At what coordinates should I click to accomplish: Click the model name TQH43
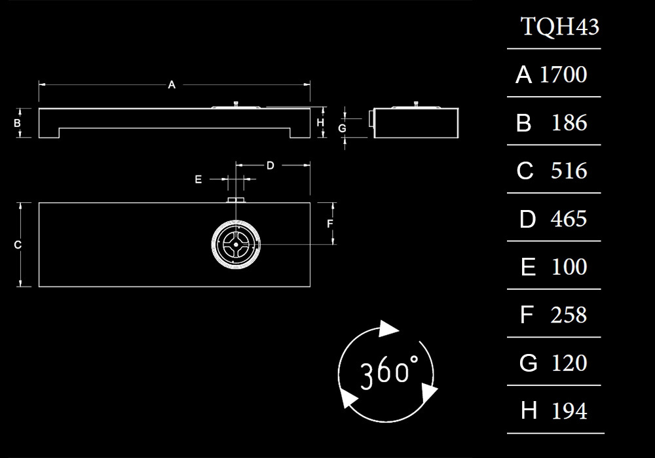[x=560, y=26]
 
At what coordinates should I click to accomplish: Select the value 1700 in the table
[x=563, y=75]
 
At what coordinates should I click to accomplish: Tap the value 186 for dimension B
[x=569, y=123]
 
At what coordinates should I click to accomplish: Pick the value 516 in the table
[x=569, y=171]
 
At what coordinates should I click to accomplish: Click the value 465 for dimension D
[x=569, y=219]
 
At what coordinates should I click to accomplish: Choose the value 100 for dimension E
[x=569, y=267]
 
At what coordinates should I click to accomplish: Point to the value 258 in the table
[x=569, y=315]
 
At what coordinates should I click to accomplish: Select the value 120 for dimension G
[x=569, y=363]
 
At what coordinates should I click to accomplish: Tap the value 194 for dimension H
[x=569, y=412]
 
